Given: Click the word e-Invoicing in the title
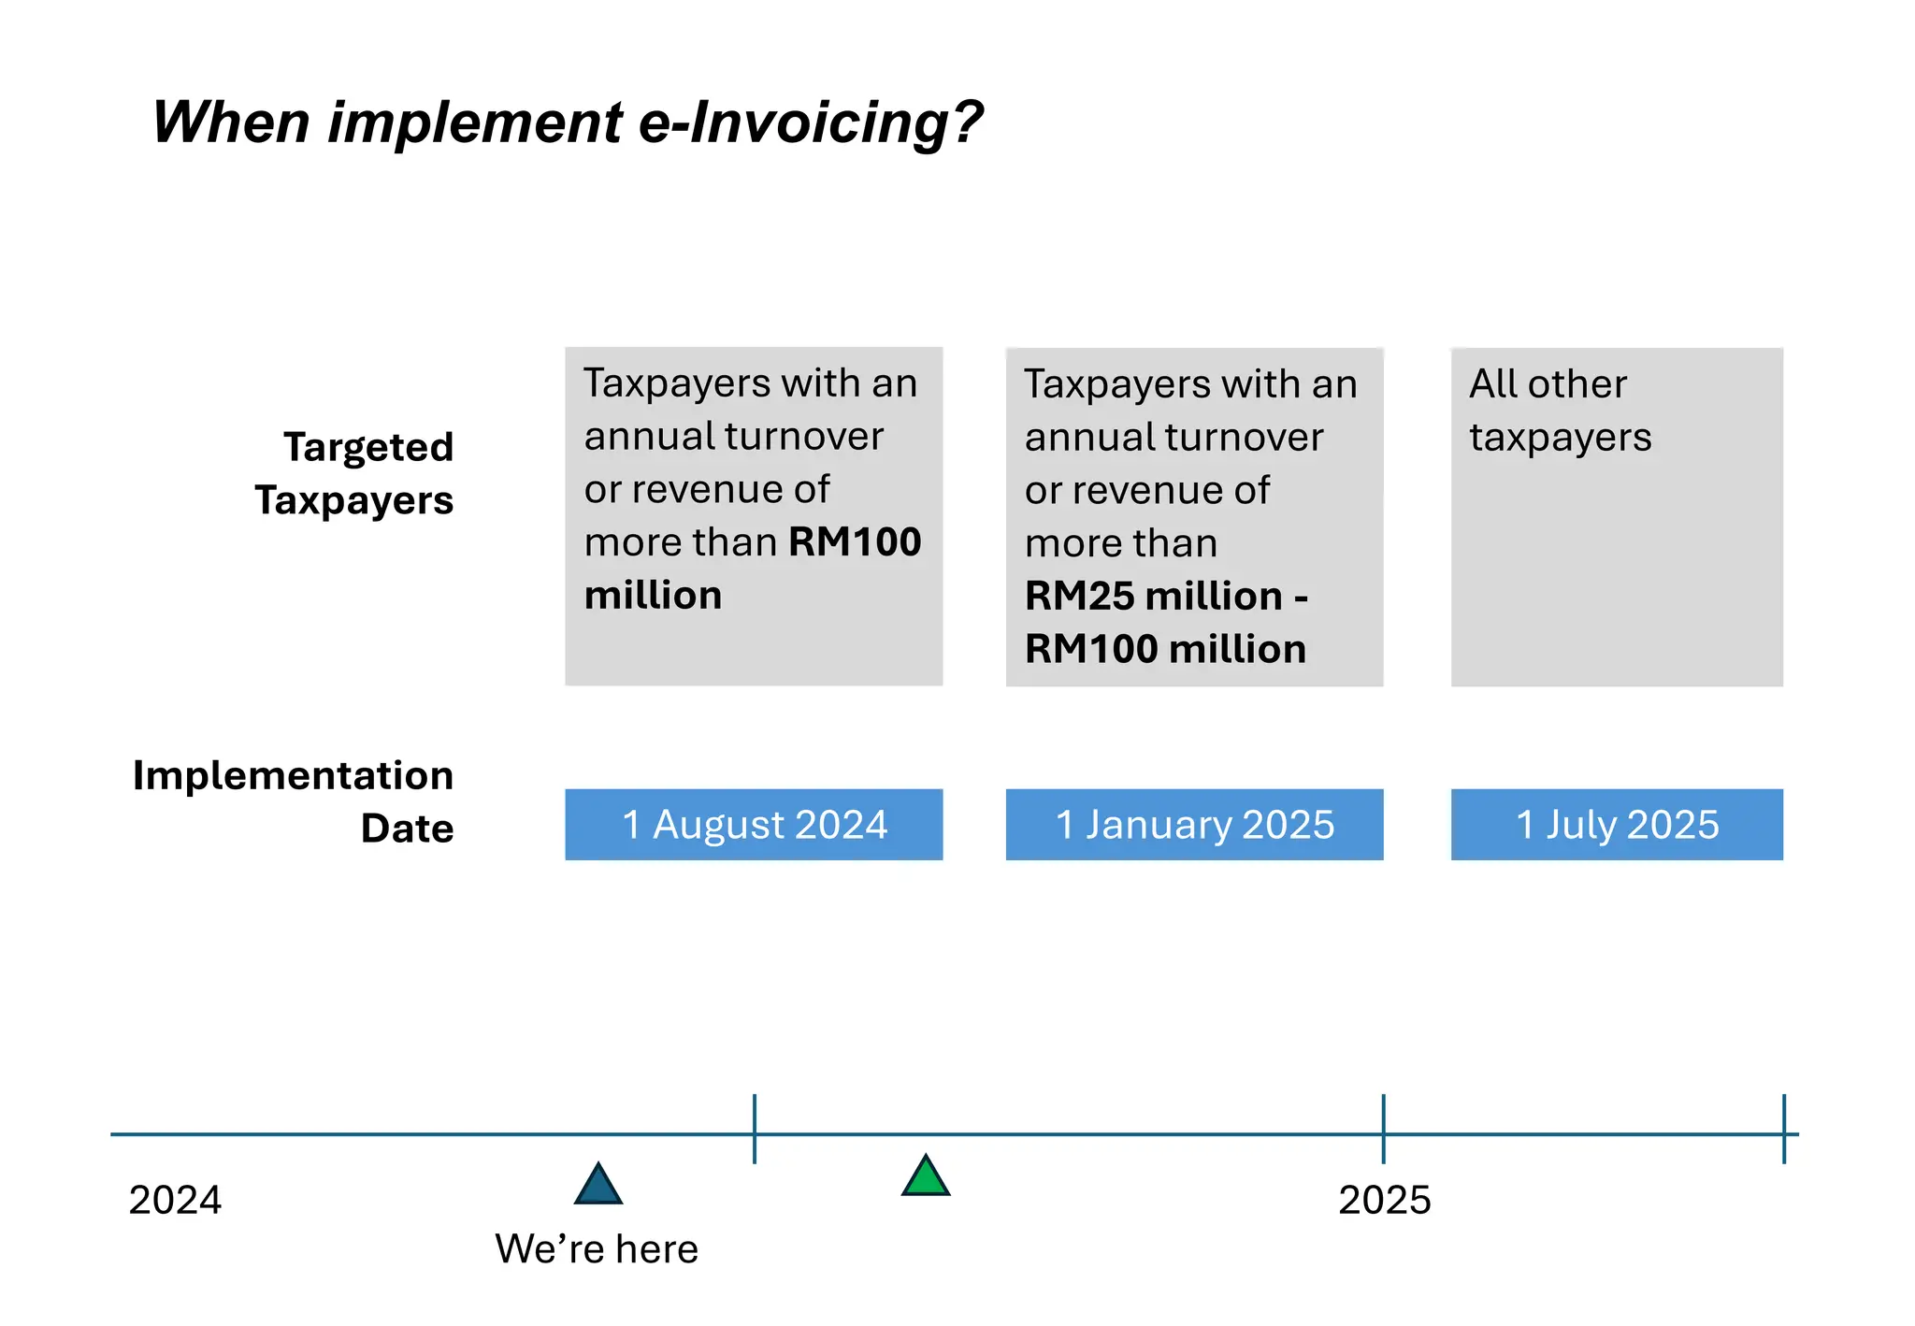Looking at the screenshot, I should click(810, 123).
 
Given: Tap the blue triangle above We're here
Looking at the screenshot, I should click(598, 1186).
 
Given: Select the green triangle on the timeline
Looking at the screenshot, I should click(926, 1177).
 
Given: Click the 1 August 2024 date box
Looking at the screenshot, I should click(754, 825).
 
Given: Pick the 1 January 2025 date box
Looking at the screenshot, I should click(1194, 825).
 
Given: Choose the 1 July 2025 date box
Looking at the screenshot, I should click(1617, 825).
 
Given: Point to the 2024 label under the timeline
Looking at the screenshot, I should click(175, 1200).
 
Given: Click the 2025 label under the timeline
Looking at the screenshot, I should click(1384, 1200).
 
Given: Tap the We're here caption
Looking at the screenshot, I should click(597, 1249).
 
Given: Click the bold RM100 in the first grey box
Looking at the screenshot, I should click(855, 542).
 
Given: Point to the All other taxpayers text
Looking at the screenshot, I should click(1560, 411).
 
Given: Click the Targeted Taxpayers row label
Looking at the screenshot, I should click(355, 473).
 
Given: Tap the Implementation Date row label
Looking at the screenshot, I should click(295, 801).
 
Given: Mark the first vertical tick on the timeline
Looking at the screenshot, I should click(755, 1129).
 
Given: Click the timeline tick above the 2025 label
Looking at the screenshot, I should click(1384, 1129).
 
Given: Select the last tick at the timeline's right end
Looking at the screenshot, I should click(1784, 1129).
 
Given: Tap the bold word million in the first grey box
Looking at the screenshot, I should click(653, 596).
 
